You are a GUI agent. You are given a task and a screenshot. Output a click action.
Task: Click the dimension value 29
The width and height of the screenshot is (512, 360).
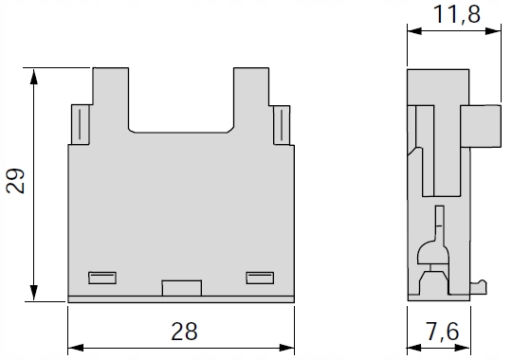coord(15,181)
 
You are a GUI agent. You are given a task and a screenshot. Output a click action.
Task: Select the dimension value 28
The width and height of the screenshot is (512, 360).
coord(185,332)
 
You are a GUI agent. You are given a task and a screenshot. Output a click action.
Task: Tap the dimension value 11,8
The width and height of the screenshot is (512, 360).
coord(456,15)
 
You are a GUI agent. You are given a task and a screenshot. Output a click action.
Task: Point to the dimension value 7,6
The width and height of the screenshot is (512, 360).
coord(443,332)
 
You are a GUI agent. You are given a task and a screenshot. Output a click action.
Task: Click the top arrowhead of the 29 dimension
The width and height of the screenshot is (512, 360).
coord(33,76)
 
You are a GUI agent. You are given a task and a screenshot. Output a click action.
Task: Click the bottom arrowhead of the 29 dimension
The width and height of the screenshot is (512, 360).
coord(33,293)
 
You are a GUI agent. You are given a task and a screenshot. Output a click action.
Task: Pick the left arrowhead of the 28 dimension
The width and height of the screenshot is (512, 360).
coord(76,348)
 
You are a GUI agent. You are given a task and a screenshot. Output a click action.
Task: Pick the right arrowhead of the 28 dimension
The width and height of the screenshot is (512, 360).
coord(286,348)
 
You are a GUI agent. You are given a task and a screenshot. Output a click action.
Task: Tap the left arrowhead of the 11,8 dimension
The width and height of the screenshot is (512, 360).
coord(415,31)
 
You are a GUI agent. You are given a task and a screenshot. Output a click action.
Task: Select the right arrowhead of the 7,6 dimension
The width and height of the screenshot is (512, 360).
coord(463,348)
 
